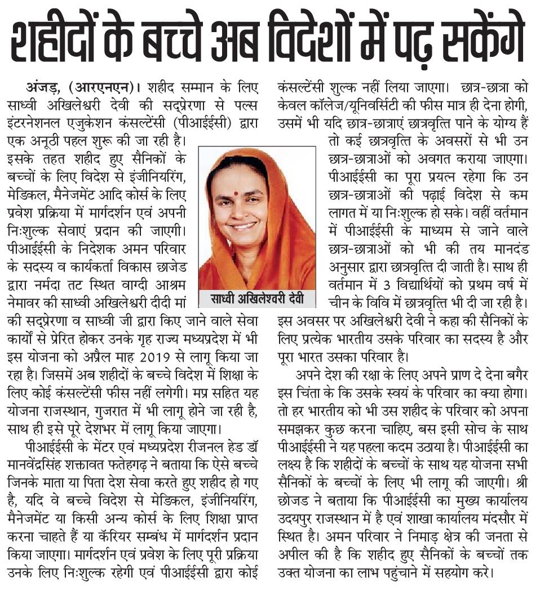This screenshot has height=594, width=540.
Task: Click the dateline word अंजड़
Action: coord(45,88)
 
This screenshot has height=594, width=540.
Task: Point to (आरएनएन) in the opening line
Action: coord(101,88)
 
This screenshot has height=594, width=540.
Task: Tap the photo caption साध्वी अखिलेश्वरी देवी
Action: coord(256,298)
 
